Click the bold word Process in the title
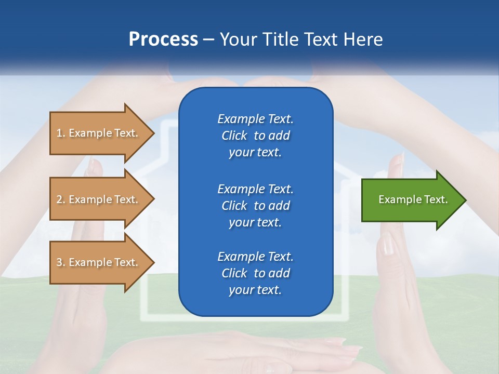[x=163, y=39]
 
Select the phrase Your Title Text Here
[x=301, y=39]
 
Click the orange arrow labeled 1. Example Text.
[x=97, y=133]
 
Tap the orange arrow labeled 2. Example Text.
[x=97, y=199]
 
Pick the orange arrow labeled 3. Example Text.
[x=97, y=262]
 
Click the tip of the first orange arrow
[x=153, y=133]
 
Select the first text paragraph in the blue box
[x=255, y=136]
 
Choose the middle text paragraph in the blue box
[x=255, y=205]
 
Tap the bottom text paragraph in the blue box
[x=255, y=273]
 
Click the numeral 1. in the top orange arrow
[x=61, y=133]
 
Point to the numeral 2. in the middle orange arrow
[x=61, y=199]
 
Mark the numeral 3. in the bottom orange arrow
[x=61, y=262]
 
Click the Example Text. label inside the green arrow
[x=413, y=199]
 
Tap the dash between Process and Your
[x=208, y=39]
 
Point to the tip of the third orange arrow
[x=153, y=262]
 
